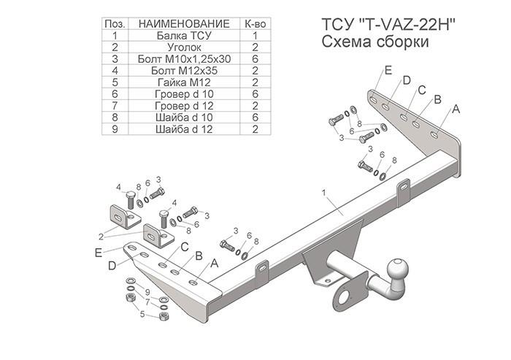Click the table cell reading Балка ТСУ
pos(184,36)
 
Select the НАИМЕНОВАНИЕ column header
pos(184,24)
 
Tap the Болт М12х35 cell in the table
pos(184,71)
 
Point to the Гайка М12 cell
pos(184,83)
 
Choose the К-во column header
pos(255,24)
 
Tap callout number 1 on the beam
pos(324,193)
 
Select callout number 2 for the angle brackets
pos(101,237)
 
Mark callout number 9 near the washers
pos(147,292)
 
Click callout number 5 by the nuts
pos(142,314)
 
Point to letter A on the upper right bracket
pos(456,110)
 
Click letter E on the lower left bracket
pos(99,253)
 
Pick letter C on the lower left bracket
pos(185,247)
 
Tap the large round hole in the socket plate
pos(344,297)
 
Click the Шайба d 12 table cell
pos(184,129)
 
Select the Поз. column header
pos(115,24)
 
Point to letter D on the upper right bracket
pos(407,80)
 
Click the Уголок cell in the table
pos(184,47)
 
